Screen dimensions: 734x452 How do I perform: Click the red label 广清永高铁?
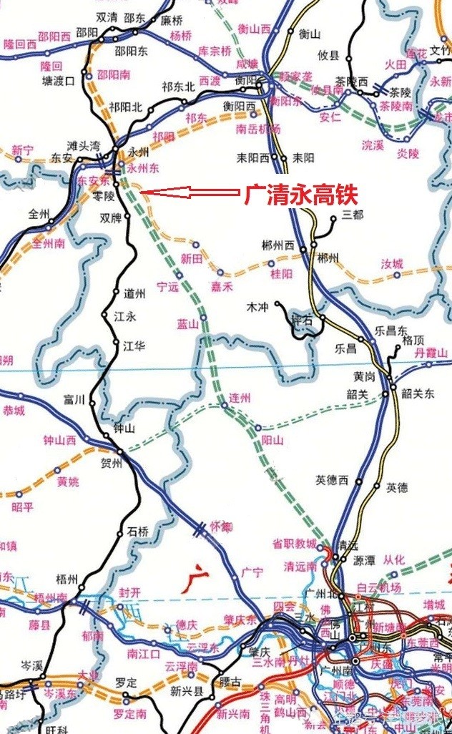300,193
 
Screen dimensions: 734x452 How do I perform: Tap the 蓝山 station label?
187,324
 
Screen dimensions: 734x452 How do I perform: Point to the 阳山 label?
272,439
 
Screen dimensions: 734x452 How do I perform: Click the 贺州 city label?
113,462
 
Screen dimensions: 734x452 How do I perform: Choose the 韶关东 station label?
418,393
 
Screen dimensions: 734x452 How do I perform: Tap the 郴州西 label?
278,245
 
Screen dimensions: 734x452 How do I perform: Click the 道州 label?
134,293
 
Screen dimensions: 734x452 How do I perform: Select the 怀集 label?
222,527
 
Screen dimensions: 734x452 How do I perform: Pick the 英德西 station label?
331,480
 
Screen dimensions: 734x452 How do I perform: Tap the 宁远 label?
167,287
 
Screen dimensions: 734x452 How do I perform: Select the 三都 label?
353,214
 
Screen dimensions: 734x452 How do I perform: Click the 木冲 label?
256,306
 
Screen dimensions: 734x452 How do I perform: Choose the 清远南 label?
300,567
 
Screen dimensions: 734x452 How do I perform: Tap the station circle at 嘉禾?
220,273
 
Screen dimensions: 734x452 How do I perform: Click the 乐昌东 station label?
391,330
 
